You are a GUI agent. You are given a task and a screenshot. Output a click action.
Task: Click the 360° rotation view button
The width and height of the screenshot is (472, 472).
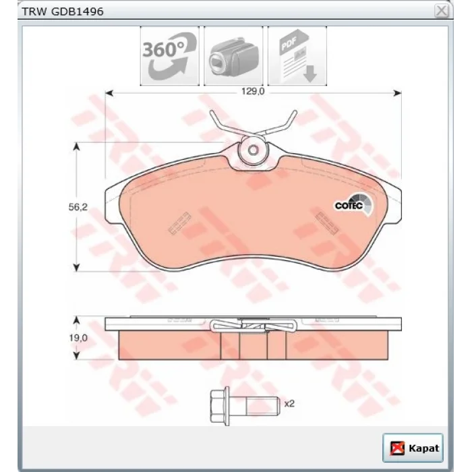coord(169,56)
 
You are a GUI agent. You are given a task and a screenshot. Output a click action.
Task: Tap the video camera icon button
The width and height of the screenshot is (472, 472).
coord(233,56)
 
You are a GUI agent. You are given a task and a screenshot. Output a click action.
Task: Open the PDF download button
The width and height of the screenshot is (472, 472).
coord(297,56)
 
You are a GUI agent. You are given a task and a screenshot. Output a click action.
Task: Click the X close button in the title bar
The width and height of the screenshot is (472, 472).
coord(442,11)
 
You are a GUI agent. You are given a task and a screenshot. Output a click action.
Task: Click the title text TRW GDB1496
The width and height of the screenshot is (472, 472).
coord(63,11)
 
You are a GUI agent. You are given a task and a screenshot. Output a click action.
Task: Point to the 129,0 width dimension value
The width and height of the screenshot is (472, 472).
coord(253,91)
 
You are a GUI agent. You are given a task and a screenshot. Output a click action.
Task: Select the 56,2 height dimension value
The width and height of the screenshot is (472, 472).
coord(78,207)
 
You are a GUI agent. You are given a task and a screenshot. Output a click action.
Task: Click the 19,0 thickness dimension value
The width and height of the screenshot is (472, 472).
coord(78,338)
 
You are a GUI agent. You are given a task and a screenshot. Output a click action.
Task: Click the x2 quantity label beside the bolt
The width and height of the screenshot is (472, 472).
coord(289,404)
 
